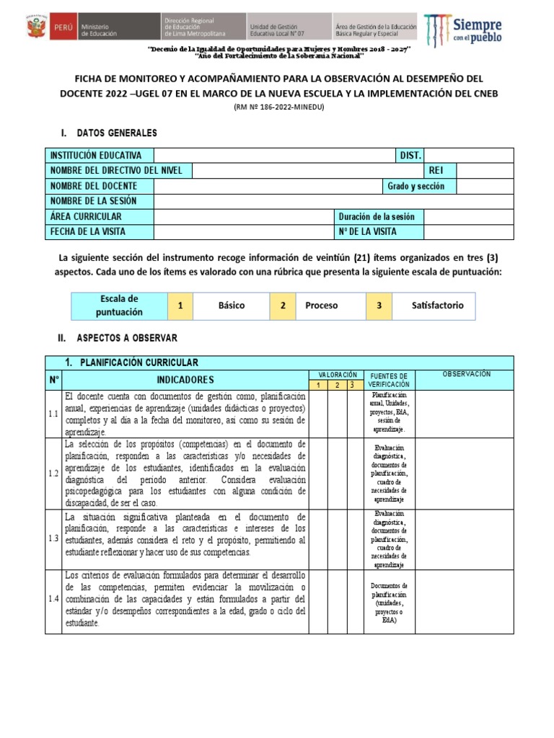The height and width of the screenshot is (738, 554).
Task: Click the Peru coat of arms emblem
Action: point(34,29)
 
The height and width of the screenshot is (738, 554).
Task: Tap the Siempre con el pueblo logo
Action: point(463,30)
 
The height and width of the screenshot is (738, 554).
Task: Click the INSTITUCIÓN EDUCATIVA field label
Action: point(96,156)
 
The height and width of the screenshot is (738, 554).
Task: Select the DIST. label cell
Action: point(410,156)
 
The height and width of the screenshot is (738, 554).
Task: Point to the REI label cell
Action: point(436,171)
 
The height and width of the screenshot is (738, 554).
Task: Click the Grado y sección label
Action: point(416,186)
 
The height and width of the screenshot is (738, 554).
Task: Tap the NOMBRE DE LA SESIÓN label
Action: point(93,201)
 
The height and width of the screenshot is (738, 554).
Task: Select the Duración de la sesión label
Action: point(377,216)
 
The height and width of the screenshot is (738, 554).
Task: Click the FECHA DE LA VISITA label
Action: point(88,231)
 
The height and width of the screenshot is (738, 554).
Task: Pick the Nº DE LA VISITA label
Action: point(367,231)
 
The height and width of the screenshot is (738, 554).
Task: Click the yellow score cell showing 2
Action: point(283,306)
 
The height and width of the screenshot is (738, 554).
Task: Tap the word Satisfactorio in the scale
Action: point(438,306)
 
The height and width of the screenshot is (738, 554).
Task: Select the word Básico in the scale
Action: point(232,306)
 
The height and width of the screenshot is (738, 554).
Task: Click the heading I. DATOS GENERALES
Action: point(108,133)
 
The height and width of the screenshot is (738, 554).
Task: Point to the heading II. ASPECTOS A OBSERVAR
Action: point(118,337)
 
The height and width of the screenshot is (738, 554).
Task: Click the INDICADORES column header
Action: point(185,380)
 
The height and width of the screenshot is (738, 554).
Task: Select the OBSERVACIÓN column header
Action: point(466,375)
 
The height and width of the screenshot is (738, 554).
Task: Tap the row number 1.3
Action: point(53,539)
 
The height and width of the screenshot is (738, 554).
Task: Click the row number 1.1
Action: point(53,414)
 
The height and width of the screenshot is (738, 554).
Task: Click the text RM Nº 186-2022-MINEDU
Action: point(278,107)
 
